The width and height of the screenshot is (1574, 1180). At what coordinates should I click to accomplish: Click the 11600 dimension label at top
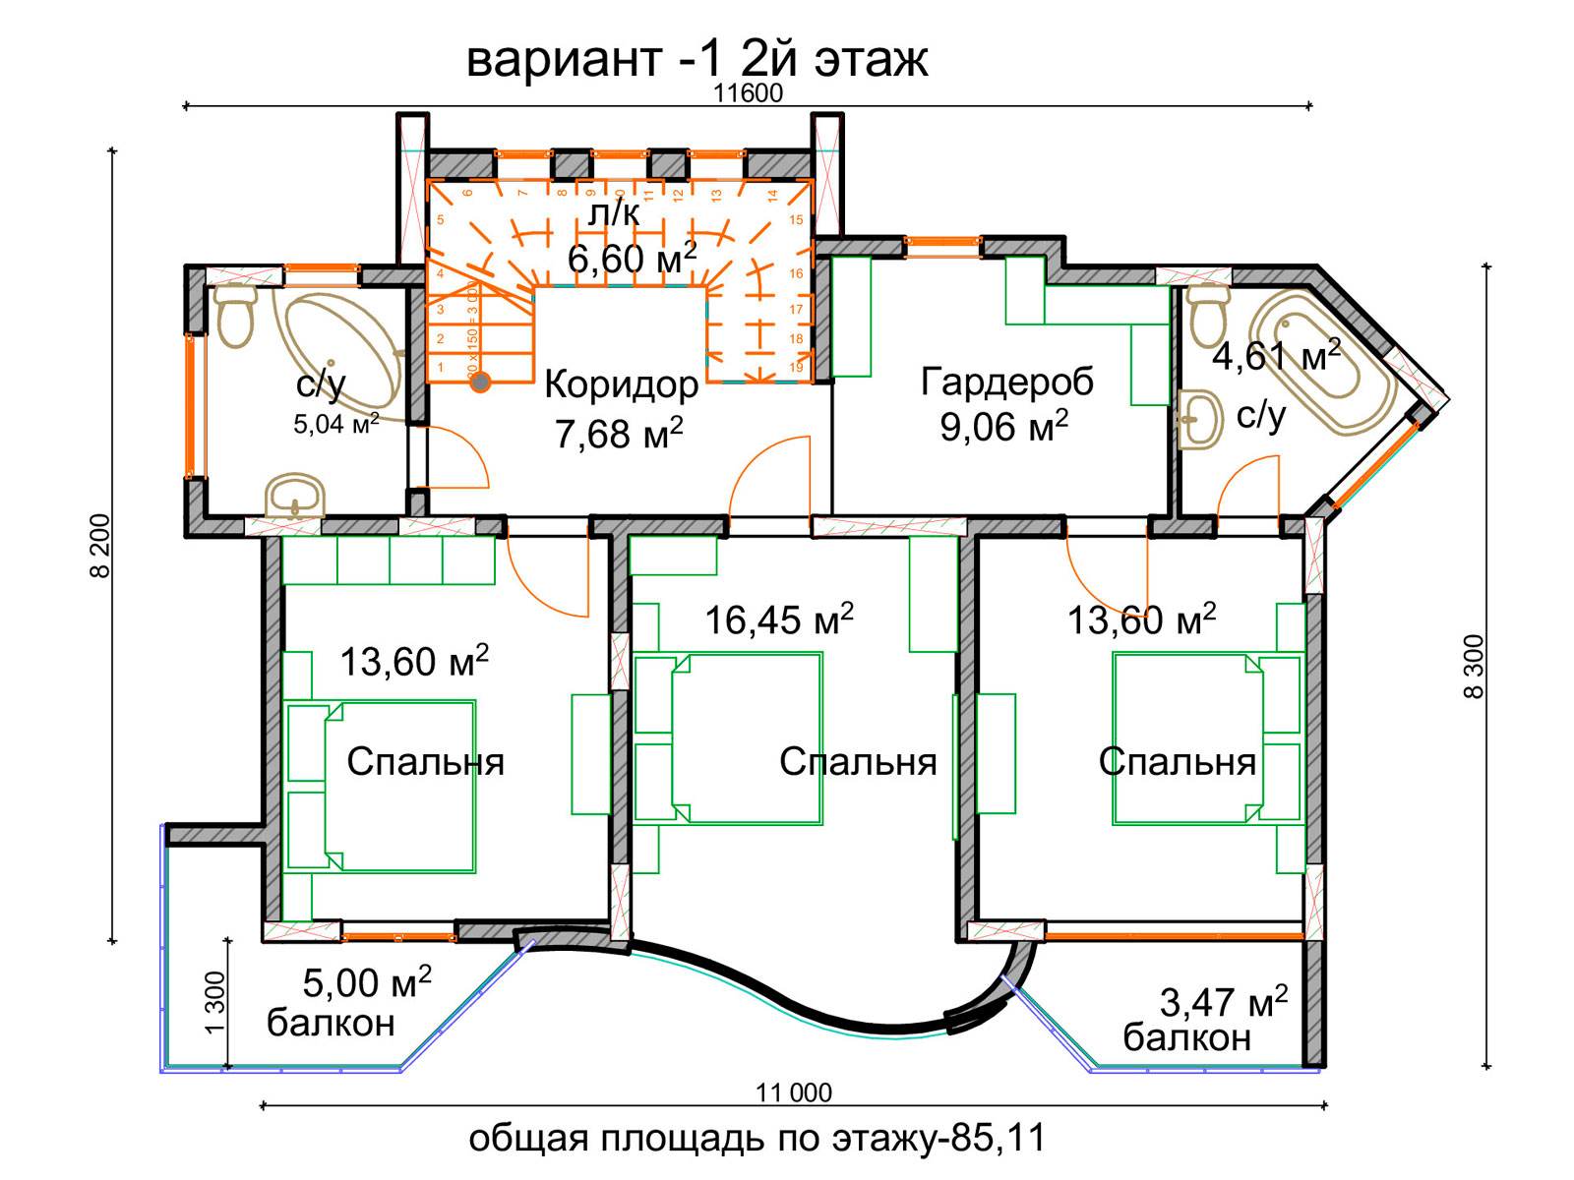click(748, 93)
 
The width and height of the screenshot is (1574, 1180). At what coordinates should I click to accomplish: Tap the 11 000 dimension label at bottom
click(793, 1092)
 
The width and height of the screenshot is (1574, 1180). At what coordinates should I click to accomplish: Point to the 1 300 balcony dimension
click(215, 1003)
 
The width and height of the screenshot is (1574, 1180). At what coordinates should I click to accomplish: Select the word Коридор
click(621, 384)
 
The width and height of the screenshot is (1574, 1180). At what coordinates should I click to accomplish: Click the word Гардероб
click(1006, 382)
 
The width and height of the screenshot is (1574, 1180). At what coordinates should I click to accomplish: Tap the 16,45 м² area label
click(778, 619)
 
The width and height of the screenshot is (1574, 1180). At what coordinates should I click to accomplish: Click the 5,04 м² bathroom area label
click(335, 425)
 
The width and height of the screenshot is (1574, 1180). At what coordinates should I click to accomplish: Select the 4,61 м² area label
click(1276, 354)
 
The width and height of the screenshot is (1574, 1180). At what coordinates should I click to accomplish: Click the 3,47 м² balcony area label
click(1223, 1002)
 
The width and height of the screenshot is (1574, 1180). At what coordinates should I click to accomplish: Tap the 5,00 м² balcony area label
click(366, 982)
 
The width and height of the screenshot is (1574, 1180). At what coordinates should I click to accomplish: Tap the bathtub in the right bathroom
click(1321, 360)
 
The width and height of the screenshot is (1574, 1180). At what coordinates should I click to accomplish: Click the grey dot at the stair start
click(480, 383)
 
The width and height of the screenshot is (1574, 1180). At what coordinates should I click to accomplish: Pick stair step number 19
click(796, 367)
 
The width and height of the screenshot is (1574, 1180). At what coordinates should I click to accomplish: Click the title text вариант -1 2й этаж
click(696, 59)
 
